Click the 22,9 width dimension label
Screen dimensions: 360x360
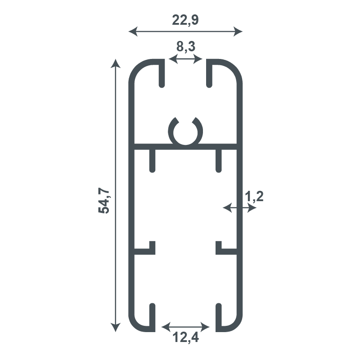pyautogui.click(x=185, y=20)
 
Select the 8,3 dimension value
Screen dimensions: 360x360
pyautogui.click(x=186, y=47)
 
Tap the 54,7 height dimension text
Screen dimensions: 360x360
pyautogui.click(x=104, y=200)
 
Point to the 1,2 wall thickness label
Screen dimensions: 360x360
pyautogui.click(x=254, y=197)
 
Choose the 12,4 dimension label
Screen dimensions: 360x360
pyautogui.click(x=185, y=337)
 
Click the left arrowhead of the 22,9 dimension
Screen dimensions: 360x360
pyautogui.click(x=133, y=31)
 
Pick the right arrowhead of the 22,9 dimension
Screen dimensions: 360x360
pyautogui.click(x=238, y=31)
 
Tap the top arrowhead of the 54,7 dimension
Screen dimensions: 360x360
pyautogui.click(x=116, y=63)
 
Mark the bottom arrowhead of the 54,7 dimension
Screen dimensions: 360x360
pyautogui.click(x=116, y=328)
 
